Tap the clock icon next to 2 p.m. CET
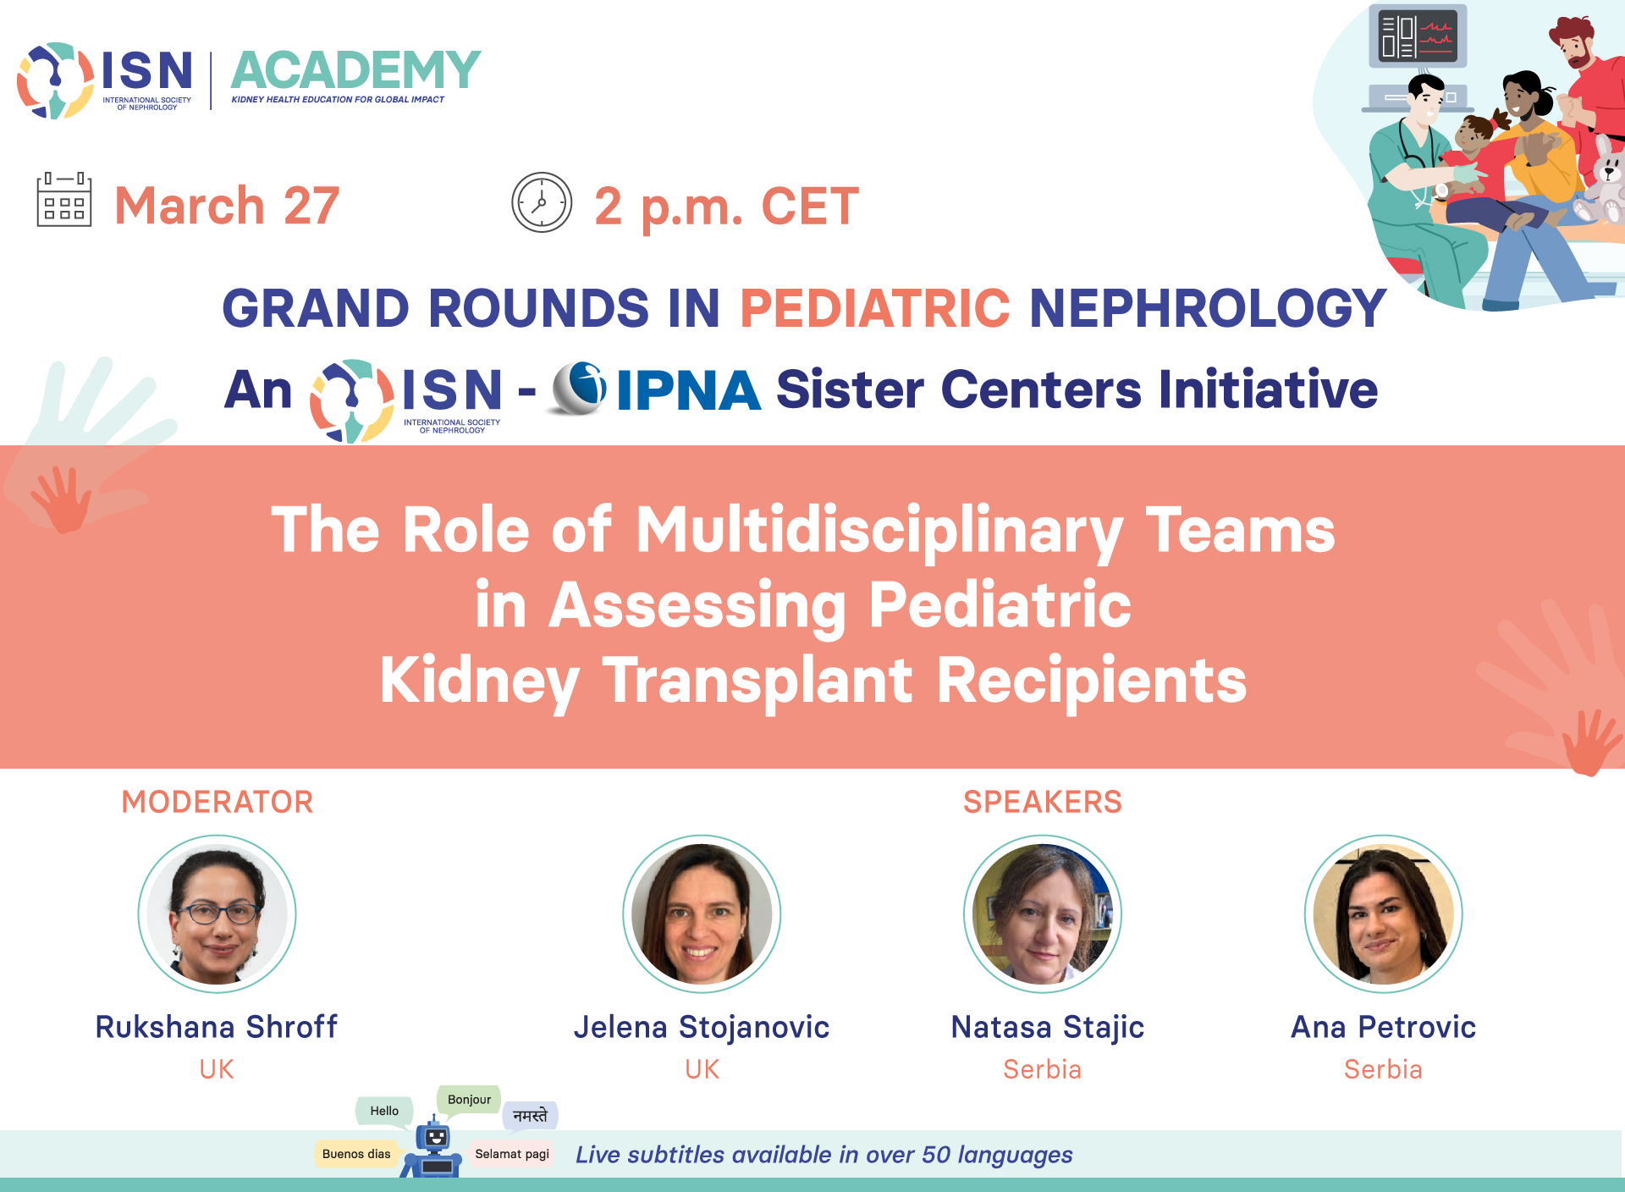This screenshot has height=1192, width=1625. (x=542, y=202)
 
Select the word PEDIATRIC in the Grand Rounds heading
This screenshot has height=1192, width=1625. (x=874, y=307)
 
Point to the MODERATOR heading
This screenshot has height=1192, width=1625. (x=218, y=802)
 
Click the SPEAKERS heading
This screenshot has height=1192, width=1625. (x=1043, y=802)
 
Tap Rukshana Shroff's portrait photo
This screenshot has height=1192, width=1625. (x=218, y=913)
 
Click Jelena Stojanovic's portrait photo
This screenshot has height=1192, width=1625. (x=702, y=913)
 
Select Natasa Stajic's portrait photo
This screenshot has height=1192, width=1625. (x=1043, y=913)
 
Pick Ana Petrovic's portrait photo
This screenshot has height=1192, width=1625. (x=1384, y=913)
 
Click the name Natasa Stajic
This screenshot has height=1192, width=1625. (x=1048, y=1028)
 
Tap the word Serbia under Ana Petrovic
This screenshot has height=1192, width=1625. (x=1383, y=1069)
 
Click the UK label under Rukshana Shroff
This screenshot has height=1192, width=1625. (x=217, y=1069)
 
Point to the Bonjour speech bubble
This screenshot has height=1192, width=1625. (x=469, y=1101)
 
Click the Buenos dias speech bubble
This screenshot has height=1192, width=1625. (x=356, y=1154)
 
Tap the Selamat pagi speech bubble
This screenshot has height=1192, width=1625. (x=512, y=1154)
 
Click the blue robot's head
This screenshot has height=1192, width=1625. (x=435, y=1136)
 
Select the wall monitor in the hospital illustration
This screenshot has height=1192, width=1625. (x=1418, y=36)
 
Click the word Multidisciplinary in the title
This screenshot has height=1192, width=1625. (x=879, y=531)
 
